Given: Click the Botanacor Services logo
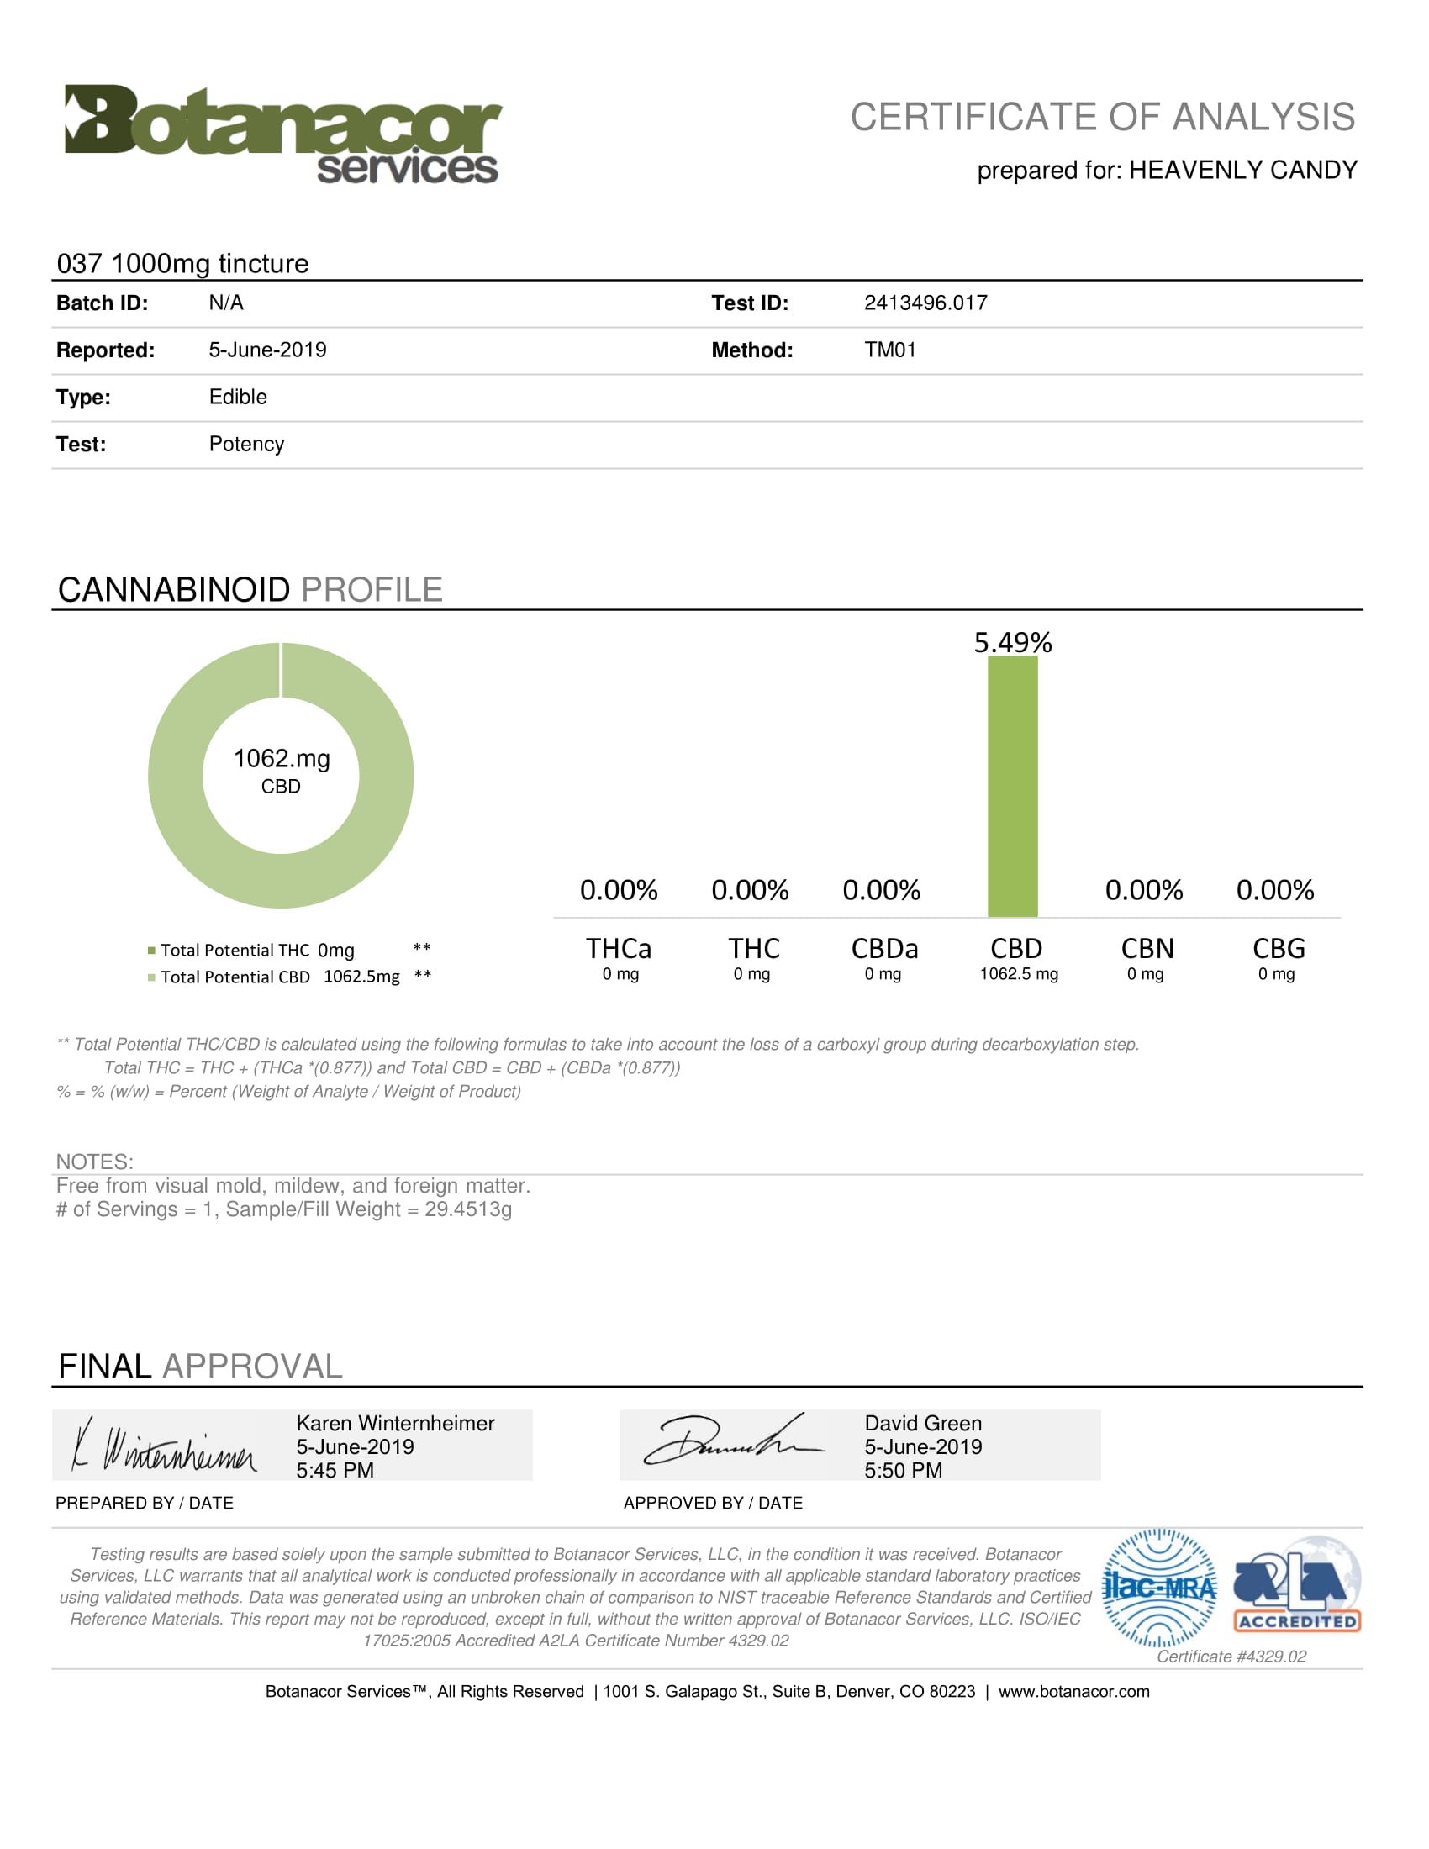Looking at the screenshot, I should [x=282, y=134].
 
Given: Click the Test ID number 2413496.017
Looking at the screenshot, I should [x=925, y=303].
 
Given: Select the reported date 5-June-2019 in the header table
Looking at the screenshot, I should [x=267, y=350].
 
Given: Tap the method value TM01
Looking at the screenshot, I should [x=889, y=350].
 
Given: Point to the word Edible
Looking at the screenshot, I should [x=238, y=397].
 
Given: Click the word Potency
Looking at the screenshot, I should [x=246, y=445].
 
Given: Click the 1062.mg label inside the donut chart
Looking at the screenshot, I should [x=281, y=759].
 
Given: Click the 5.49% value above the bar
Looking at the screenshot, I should [x=1013, y=643].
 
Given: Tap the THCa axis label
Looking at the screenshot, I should [x=619, y=948].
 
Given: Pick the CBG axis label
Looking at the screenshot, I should [x=1279, y=948].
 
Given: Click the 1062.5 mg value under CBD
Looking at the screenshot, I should [x=1019, y=974].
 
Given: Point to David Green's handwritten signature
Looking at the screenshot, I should [x=732, y=1442].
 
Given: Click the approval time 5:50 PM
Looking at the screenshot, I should [x=903, y=1471].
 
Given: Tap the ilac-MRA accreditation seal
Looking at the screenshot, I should [x=1159, y=1588].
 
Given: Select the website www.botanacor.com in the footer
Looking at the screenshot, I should [x=1073, y=1692].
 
